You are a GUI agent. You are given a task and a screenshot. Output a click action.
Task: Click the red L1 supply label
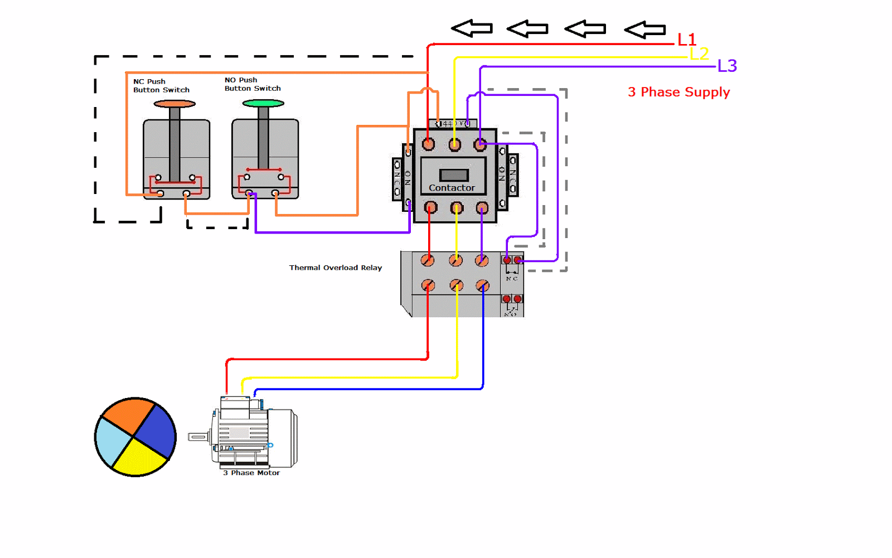(686, 40)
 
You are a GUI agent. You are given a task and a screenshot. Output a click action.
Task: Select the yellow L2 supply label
(699, 54)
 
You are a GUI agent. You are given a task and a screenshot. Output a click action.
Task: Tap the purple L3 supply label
(727, 66)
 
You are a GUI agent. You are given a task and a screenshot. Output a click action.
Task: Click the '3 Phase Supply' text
(678, 92)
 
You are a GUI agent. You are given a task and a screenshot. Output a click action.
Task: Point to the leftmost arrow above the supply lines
(472, 28)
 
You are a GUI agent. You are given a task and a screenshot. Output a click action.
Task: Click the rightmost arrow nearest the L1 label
(645, 29)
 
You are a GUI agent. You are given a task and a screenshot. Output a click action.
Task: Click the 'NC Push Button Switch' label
(161, 86)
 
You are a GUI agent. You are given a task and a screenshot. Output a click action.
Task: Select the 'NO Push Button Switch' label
(253, 84)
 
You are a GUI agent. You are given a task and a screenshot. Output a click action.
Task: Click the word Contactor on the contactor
(452, 188)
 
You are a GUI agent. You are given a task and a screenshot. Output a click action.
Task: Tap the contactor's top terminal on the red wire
(428, 144)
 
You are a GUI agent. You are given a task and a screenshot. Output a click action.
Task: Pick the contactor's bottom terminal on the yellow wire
(457, 208)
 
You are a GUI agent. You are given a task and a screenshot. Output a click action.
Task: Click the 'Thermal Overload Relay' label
(335, 268)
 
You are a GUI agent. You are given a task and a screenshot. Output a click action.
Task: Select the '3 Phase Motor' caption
(251, 473)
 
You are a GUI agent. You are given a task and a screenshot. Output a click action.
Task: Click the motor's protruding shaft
(197, 437)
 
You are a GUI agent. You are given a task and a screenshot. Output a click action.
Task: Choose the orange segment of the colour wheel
(127, 415)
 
